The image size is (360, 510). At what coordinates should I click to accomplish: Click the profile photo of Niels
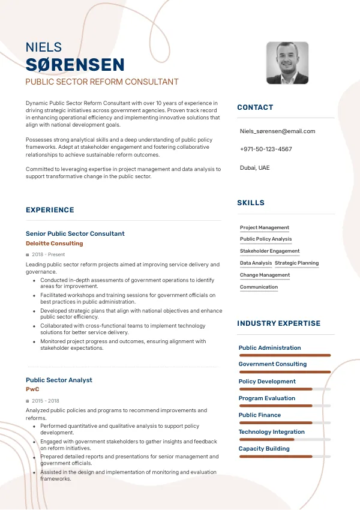click(x=287, y=63)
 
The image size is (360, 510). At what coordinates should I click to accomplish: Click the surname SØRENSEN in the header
click(x=75, y=65)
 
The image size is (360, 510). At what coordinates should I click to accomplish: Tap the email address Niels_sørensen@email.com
click(x=277, y=131)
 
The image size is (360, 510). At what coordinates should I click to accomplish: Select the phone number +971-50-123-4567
click(x=266, y=149)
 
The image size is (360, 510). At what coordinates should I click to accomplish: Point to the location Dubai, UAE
click(x=254, y=167)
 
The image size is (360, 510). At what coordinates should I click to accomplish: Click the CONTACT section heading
click(x=255, y=107)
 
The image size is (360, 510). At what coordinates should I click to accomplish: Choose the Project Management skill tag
click(x=265, y=227)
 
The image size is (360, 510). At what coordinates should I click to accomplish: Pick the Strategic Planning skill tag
click(x=296, y=263)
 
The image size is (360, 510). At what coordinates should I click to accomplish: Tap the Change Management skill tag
click(x=265, y=275)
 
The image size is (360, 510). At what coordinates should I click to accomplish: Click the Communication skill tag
click(x=259, y=287)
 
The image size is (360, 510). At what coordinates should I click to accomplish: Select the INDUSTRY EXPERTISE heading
click(x=279, y=323)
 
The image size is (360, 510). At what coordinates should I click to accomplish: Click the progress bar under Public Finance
click(x=284, y=423)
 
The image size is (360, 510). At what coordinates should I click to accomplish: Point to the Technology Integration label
click(x=272, y=432)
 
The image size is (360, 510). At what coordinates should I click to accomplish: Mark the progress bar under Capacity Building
click(x=284, y=457)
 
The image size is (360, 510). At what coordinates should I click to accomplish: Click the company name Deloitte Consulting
click(x=55, y=244)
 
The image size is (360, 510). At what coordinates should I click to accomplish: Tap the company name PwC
click(x=32, y=389)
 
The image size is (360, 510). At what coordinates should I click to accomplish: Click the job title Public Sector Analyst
click(x=59, y=380)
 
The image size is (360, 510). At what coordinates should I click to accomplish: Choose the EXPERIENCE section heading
click(x=50, y=210)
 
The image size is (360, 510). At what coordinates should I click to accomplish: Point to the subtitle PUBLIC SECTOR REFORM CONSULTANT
click(x=102, y=82)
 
